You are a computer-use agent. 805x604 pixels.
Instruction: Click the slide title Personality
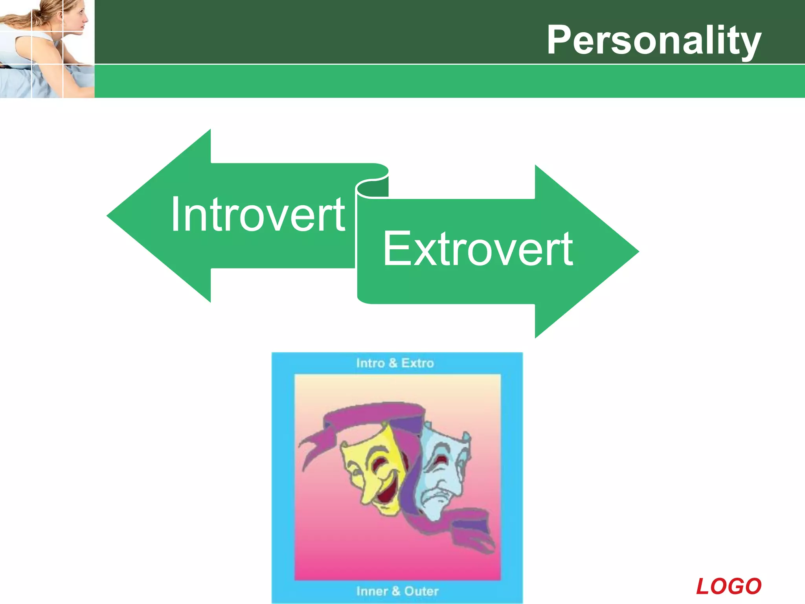click(x=654, y=40)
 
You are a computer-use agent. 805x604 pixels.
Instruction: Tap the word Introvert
click(x=257, y=215)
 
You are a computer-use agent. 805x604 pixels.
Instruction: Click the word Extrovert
click(x=478, y=249)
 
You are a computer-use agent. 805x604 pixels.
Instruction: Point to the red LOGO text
click(x=728, y=586)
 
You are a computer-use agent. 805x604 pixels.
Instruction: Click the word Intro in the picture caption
click(x=370, y=363)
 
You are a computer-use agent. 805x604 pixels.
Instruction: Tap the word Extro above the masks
click(x=417, y=363)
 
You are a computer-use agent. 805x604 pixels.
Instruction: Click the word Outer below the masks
click(x=421, y=591)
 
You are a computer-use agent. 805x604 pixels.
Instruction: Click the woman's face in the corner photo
click(x=75, y=18)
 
